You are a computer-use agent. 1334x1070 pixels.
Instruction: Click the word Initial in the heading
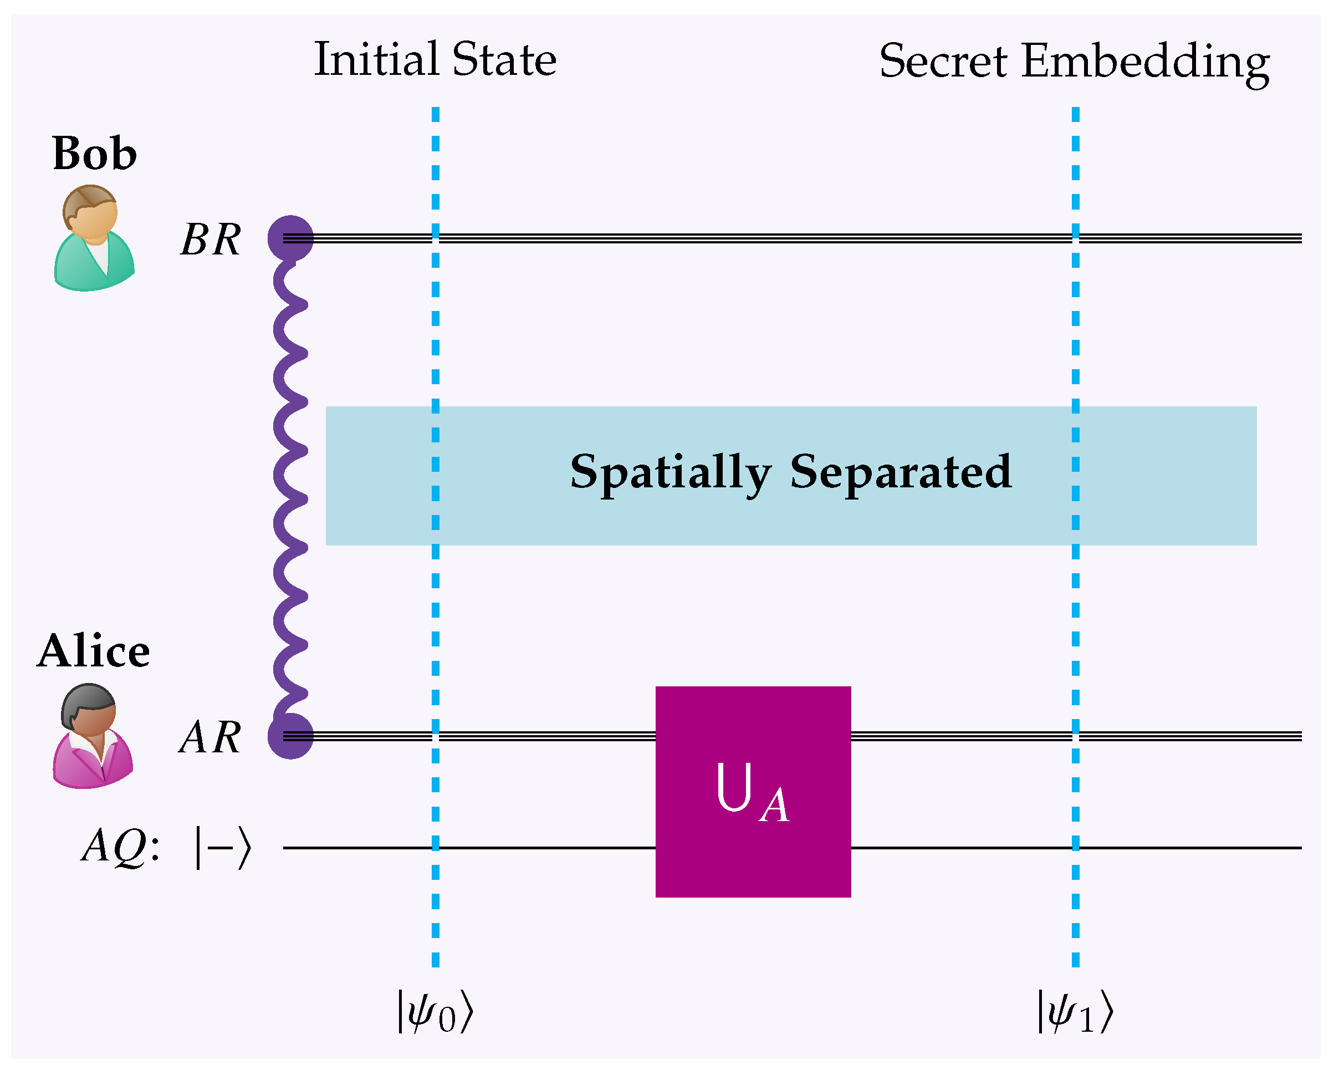pos(376,60)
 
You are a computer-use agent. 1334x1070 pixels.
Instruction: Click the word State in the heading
pos(504,60)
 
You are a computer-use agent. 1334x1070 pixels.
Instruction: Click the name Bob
pos(95,154)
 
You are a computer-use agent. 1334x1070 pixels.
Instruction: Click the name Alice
pos(94,651)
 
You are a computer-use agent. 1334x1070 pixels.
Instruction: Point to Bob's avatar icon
pos(94,238)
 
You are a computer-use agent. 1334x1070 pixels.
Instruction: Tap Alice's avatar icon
pos(93,736)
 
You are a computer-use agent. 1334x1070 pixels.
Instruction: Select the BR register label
pos(211,240)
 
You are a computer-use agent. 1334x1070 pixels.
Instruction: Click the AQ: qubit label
pos(121,846)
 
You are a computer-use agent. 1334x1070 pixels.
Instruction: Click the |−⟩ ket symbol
pos(223,847)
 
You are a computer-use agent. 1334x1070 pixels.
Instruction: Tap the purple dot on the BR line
pos(290,238)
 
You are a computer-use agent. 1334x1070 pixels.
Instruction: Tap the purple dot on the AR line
pos(290,736)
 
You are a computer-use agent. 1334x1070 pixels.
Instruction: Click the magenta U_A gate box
pos(753,792)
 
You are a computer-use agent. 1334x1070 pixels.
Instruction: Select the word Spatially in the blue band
pos(670,473)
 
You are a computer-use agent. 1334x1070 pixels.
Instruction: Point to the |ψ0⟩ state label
pos(435,1012)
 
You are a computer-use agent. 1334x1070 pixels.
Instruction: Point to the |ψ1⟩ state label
pos(1075,1012)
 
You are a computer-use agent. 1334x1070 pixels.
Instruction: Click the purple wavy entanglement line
pos(289,483)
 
